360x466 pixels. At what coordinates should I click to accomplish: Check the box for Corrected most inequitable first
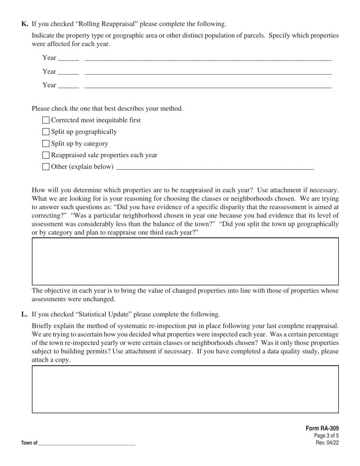46,120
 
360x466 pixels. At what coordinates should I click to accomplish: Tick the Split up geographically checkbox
46,132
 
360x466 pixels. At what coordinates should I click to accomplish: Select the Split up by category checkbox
46,144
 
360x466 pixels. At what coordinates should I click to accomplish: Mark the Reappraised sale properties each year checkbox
46,155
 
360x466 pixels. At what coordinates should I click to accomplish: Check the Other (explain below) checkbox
46,167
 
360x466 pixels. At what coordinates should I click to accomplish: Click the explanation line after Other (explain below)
215,167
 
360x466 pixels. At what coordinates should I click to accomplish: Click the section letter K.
25,24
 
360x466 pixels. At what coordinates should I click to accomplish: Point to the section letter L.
24,314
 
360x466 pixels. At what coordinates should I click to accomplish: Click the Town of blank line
87,443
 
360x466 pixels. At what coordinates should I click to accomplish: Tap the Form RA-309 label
322,428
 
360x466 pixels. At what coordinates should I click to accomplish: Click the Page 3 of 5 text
326,436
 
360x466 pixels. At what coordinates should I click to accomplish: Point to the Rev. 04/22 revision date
327,443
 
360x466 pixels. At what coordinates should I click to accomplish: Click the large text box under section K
185,261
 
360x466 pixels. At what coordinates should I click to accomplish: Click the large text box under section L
185,389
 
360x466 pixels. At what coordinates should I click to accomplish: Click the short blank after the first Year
69,59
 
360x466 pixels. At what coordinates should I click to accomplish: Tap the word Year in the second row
49,71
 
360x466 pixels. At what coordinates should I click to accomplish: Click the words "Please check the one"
61,108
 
